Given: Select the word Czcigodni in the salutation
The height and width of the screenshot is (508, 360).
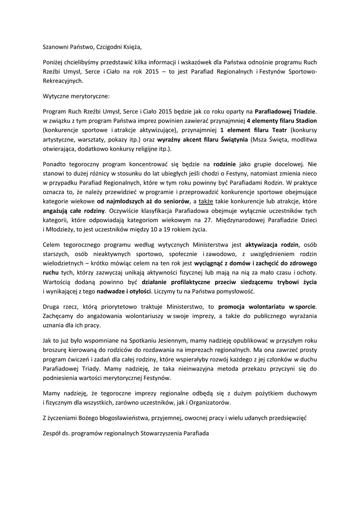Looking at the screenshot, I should pyautogui.click(x=116, y=48).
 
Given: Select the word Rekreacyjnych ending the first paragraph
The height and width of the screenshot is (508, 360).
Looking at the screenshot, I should pyautogui.click(x=63, y=80).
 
